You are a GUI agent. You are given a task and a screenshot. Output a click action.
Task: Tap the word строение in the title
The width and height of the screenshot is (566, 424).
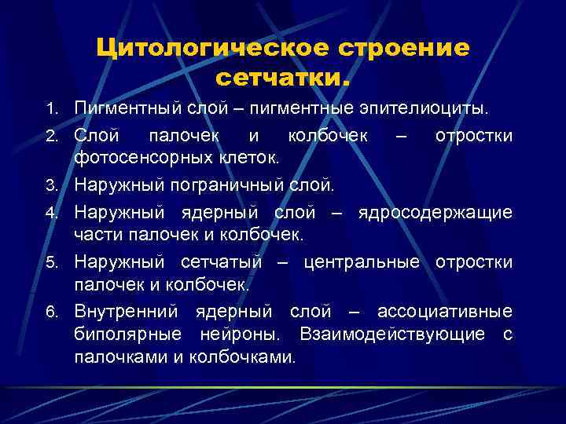404,48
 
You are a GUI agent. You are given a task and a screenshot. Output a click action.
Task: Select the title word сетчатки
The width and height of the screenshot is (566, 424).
282,79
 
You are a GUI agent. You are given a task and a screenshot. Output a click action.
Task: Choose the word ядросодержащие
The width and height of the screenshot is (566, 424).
435,213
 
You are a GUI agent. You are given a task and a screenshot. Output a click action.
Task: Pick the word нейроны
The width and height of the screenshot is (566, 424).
245,334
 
